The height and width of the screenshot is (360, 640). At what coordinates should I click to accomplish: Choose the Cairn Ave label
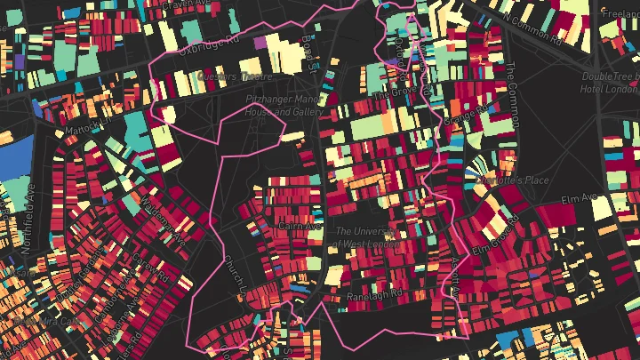299,227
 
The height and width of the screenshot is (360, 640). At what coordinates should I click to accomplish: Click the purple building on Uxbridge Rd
260,42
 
